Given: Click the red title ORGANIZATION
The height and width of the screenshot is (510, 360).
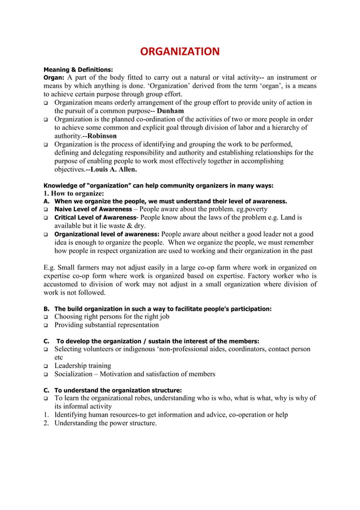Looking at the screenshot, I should (179, 53).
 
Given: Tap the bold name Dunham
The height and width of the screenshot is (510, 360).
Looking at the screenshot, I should (170, 111).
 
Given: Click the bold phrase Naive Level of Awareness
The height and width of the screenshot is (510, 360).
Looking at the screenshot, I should (93, 209).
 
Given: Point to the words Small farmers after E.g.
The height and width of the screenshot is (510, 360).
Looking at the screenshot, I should (78, 268).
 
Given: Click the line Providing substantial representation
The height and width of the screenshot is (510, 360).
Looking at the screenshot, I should (107, 325).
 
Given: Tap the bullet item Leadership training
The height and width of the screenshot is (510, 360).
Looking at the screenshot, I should (82, 366).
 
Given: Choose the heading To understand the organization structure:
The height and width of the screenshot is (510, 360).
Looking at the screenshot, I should (118, 390).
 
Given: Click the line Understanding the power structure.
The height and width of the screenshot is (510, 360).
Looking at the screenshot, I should (106, 423).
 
